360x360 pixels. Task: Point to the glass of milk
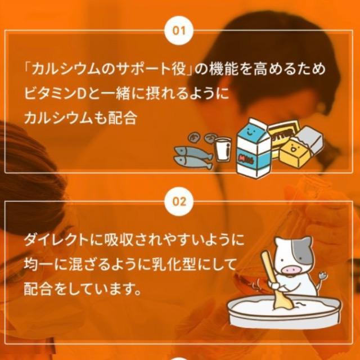click(x=222, y=148)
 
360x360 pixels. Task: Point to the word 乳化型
click(x=172, y=264)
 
